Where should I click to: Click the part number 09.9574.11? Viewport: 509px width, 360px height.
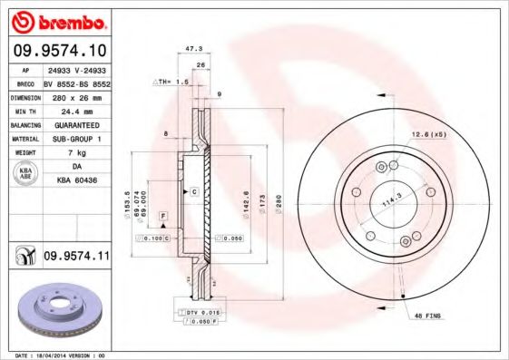point(76,257)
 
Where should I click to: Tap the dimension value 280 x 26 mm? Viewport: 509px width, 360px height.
point(75,95)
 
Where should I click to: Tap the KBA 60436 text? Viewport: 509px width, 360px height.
point(75,181)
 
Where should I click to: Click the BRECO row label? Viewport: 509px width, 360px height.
point(25,82)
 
